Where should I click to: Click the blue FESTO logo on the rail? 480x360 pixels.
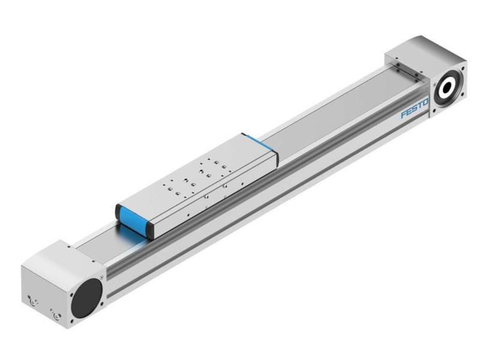coord(414,110)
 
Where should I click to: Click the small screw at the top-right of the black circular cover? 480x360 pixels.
coord(102,277)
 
